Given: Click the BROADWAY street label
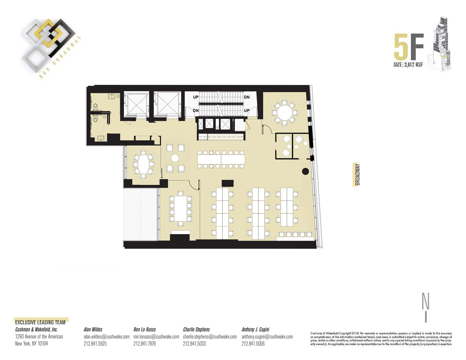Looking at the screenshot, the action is pyautogui.click(x=357, y=174).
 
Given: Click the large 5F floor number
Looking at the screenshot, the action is pyautogui.click(x=409, y=47).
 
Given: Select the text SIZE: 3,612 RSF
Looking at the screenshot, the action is pyautogui.click(x=408, y=65).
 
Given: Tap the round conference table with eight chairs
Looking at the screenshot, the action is pyautogui.click(x=285, y=112).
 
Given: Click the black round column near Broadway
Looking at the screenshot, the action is pyautogui.click(x=306, y=171).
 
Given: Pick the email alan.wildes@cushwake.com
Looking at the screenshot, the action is pyautogui.click(x=107, y=337).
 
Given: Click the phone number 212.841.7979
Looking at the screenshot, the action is pyautogui.click(x=144, y=344).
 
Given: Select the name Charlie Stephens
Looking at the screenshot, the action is pyautogui.click(x=196, y=329).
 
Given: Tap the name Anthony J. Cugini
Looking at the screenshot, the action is pyautogui.click(x=255, y=329).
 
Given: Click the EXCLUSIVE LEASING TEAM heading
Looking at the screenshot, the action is pyautogui.click(x=40, y=322).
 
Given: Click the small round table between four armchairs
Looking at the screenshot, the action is pyautogui.click(x=175, y=158).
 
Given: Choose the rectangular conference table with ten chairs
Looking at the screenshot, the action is pyautogui.click(x=181, y=209).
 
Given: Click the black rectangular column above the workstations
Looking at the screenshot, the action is pyautogui.click(x=227, y=183).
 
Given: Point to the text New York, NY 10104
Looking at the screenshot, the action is pyautogui.click(x=31, y=344).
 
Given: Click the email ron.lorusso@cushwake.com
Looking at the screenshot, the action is pyautogui.click(x=156, y=337).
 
